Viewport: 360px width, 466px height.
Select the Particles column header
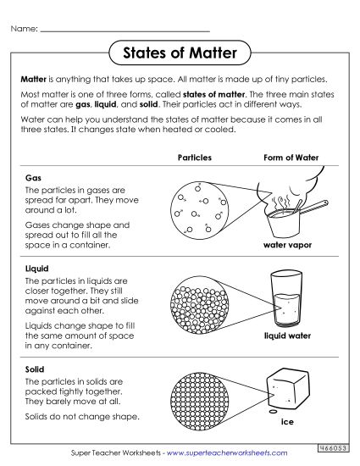pos(195,158)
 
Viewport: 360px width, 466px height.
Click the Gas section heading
pos(33,180)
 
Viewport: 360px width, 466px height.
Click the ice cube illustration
pos(286,394)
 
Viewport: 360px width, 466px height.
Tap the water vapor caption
pos(287,245)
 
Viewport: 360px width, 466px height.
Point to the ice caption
pos(287,422)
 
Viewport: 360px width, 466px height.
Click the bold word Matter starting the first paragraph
pos(35,77)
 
